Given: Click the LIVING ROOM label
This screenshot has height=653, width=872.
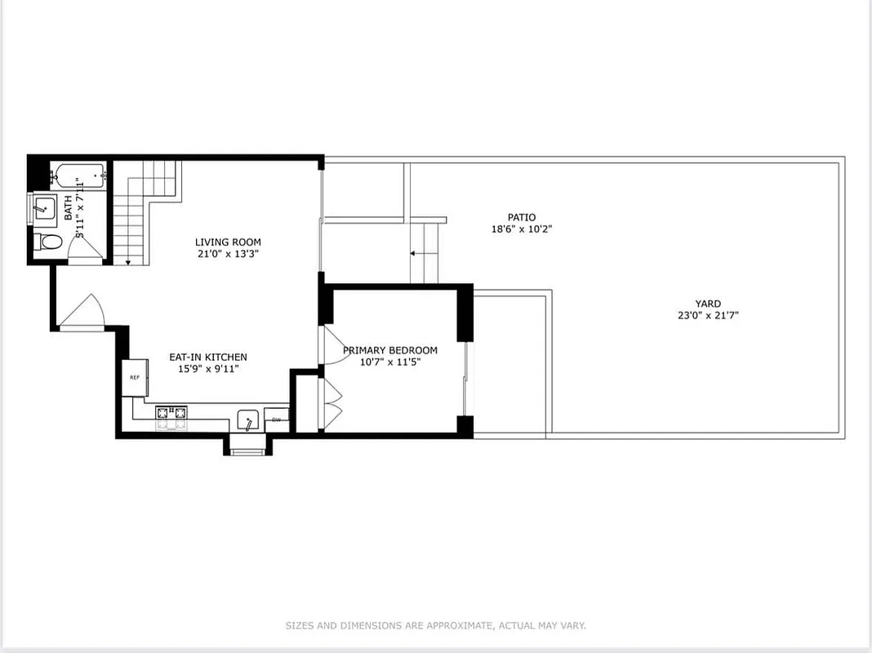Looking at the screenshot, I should point(228,242).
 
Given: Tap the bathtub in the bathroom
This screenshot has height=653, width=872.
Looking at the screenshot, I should point(78,175).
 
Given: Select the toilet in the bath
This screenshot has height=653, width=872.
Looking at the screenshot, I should point(47,242).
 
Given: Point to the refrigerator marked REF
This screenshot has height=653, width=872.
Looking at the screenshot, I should point(135,377).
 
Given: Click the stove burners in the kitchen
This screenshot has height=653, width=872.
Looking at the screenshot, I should point(171,417).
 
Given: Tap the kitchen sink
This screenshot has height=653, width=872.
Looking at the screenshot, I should point(248,421).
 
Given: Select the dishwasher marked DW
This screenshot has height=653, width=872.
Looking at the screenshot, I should point(276,420).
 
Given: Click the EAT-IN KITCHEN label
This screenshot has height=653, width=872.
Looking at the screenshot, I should point(207,357).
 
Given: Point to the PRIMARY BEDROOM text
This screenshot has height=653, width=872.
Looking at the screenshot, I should point(389,350).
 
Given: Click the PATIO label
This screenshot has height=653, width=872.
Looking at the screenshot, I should point(522,217).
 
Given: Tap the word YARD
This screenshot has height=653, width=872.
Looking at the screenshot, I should point(708,304).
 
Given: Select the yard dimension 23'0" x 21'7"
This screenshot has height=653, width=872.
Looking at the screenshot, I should point(708,315).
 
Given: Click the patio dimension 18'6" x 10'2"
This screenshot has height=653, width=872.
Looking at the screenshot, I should point(522,229).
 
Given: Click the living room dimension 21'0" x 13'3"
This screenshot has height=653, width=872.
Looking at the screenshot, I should point(228,254).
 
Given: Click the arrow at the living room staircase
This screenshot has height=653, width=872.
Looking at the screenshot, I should point(128,260).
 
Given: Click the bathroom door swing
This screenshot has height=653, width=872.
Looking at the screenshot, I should point(87,250).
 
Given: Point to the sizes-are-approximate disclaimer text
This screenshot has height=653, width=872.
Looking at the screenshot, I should point(435,626).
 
